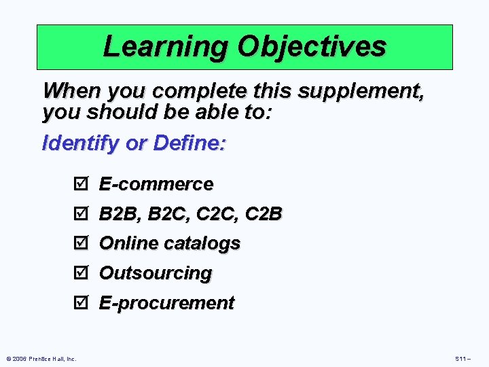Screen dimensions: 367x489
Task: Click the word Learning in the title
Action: point(165,47)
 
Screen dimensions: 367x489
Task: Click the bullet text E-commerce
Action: point(156,184)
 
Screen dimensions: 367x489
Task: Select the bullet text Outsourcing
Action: point(156,273)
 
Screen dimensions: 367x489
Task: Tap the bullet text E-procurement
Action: point(166,303)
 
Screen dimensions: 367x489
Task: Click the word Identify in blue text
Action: point(86,143)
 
